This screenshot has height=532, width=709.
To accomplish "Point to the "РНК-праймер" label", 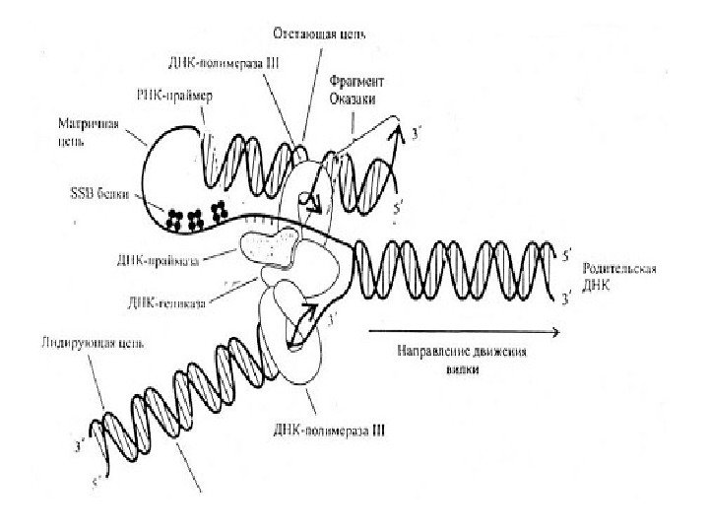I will pyautogui.click(x=179, y=98).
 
